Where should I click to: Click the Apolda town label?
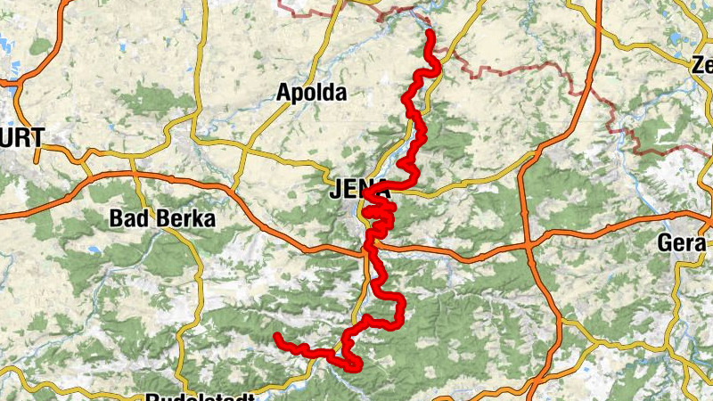(x=311, y=92)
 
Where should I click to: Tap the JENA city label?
(x=359, y=190)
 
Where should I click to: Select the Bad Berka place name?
(x=161, y=218)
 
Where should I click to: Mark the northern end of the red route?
(x=429, y=34)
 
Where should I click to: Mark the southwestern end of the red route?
(x=277, y=337)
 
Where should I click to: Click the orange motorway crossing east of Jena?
(x=528, y=241)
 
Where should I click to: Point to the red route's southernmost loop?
(x=354, y=364)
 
